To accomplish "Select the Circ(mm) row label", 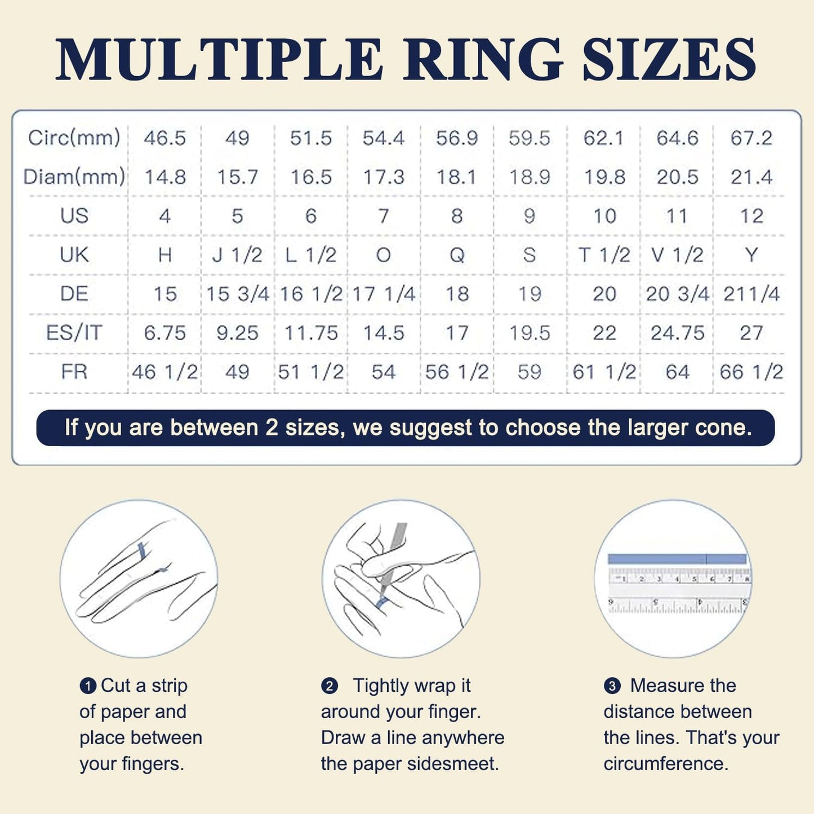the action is pos(74,138).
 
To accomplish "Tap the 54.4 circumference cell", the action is pos(384,138).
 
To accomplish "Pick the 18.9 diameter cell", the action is pos(530,177).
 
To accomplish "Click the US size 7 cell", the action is pos(384,216).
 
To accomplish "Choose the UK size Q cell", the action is pos(457,255).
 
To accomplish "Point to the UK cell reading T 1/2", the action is pos(604,255).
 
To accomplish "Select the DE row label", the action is pos(74,294).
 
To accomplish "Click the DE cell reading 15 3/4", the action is pos(237,294).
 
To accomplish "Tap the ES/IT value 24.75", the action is pos(678,333).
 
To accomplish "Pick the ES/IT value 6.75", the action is pos(164,333).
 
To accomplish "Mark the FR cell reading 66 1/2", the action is pos(751,372).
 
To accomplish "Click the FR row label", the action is pos(74,372).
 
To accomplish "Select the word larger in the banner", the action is pos(659,428).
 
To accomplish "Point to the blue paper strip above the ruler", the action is pos(677,559).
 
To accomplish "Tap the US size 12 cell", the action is pos(751,216).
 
